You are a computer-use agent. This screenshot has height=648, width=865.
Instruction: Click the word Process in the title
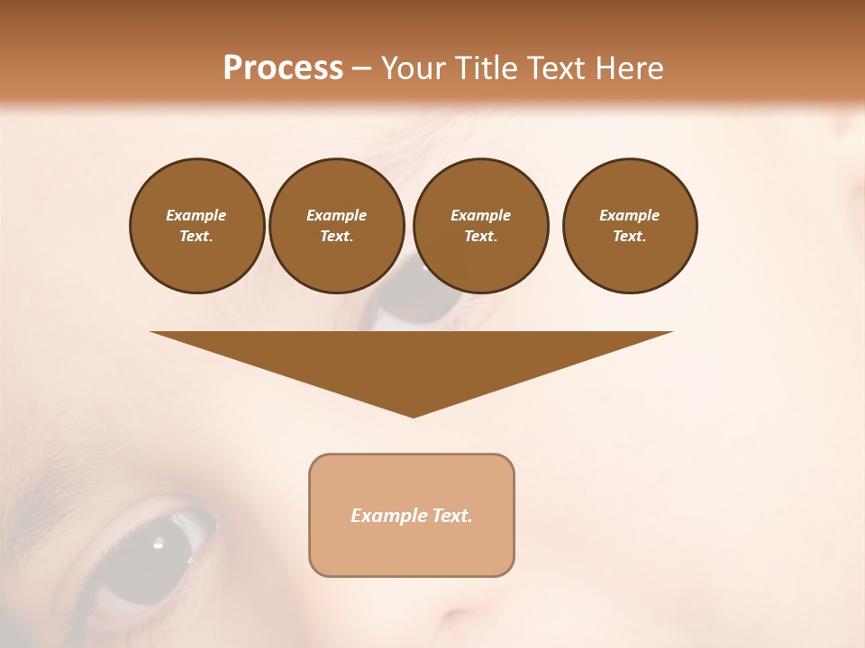pyautogui.click(x=283, y=68)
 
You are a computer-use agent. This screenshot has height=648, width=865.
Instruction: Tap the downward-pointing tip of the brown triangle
pyautogui.click(x=413, y=414)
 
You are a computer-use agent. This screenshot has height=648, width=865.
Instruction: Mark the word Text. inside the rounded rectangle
pyautogui.click(x=452, y=516)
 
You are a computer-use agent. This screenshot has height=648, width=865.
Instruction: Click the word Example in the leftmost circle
pyautogui.click(x=196, y=215)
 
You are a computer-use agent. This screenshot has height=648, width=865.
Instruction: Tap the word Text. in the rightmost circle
pyautogui.click(x=629, y=236)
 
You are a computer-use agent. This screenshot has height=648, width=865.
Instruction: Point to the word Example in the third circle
pyautogui.click(x=480, y=215)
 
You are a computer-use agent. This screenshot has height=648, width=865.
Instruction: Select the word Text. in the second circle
pyautogui.click(x=336, y=236)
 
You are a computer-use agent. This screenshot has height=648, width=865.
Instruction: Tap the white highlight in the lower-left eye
pyautogui.click(x=159, y=543)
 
